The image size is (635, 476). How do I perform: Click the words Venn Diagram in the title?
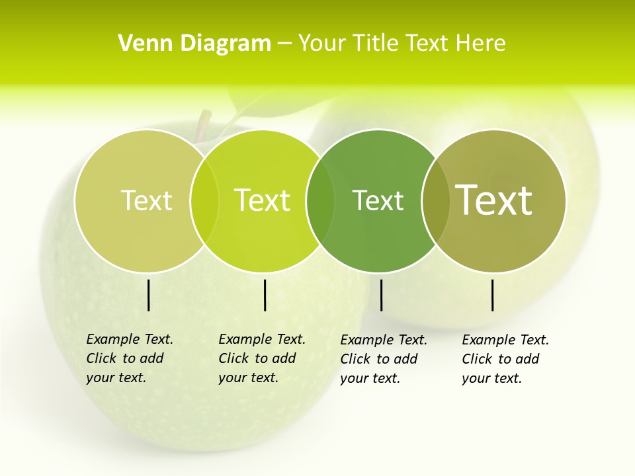point(194,44)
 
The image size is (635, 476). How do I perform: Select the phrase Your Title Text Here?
point(402,44)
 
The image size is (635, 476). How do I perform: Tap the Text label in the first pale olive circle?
point(146,200)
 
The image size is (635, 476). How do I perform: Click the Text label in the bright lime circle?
point(263,200)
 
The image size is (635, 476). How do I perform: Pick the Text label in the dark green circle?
point(378,200)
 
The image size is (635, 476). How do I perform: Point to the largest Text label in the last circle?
point(494,200)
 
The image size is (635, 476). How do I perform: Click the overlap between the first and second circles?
point(204,201)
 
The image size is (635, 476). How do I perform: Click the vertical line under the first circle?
point(148,295)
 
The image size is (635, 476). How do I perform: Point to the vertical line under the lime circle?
point(265,295)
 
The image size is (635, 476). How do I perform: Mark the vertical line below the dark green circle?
point(381,295)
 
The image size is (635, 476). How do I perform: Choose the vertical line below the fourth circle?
point(492,295)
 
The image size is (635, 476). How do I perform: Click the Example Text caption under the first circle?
point(129,358)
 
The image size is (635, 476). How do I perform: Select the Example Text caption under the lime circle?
point(261,358)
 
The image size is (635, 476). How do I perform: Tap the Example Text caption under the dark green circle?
point(383,359)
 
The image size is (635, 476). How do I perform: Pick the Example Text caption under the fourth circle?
point(505,359)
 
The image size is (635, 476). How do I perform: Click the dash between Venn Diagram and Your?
point(284,44)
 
